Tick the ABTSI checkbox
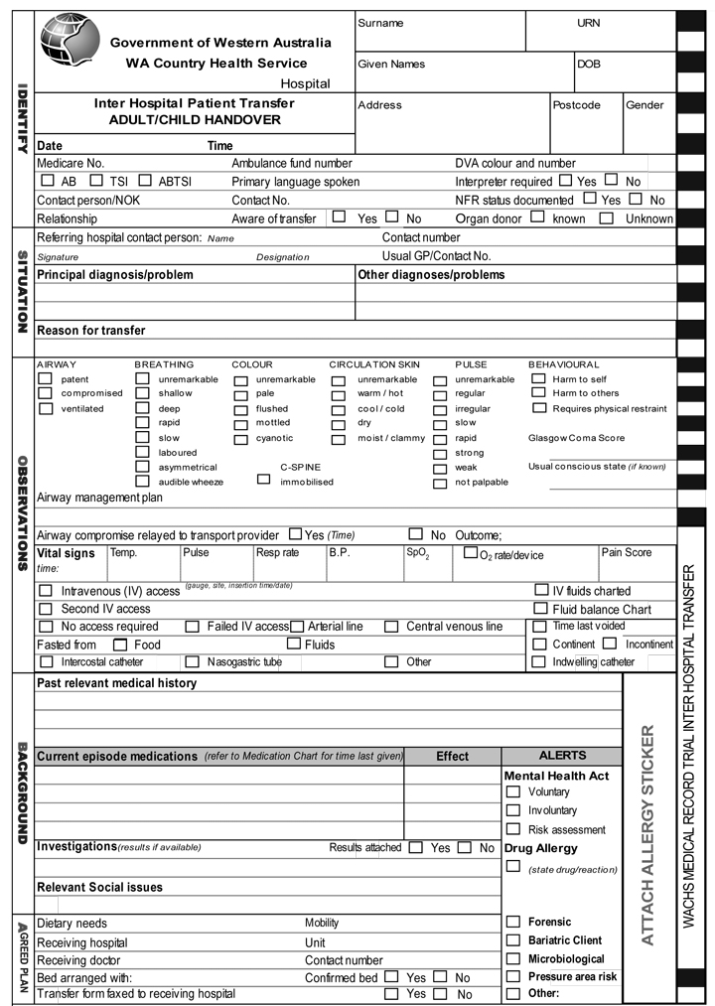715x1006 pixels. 145,182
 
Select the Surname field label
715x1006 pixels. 380,23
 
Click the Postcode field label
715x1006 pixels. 576,105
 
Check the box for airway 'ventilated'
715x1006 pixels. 45,408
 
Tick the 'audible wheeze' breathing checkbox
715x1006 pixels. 142,482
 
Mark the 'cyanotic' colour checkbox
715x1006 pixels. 240,438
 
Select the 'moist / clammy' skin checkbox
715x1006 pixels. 339,438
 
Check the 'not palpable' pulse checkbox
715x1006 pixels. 440,483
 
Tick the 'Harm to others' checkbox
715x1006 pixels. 538,393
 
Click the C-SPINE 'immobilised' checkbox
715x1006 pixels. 263,480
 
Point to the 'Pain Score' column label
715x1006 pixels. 626,552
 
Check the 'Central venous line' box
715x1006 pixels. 390,627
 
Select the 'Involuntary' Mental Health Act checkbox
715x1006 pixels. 513,810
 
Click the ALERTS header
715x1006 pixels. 562,756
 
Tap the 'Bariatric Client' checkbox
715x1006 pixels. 513,939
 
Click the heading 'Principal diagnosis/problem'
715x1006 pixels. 115,275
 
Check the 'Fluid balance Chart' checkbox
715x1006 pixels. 541,609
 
